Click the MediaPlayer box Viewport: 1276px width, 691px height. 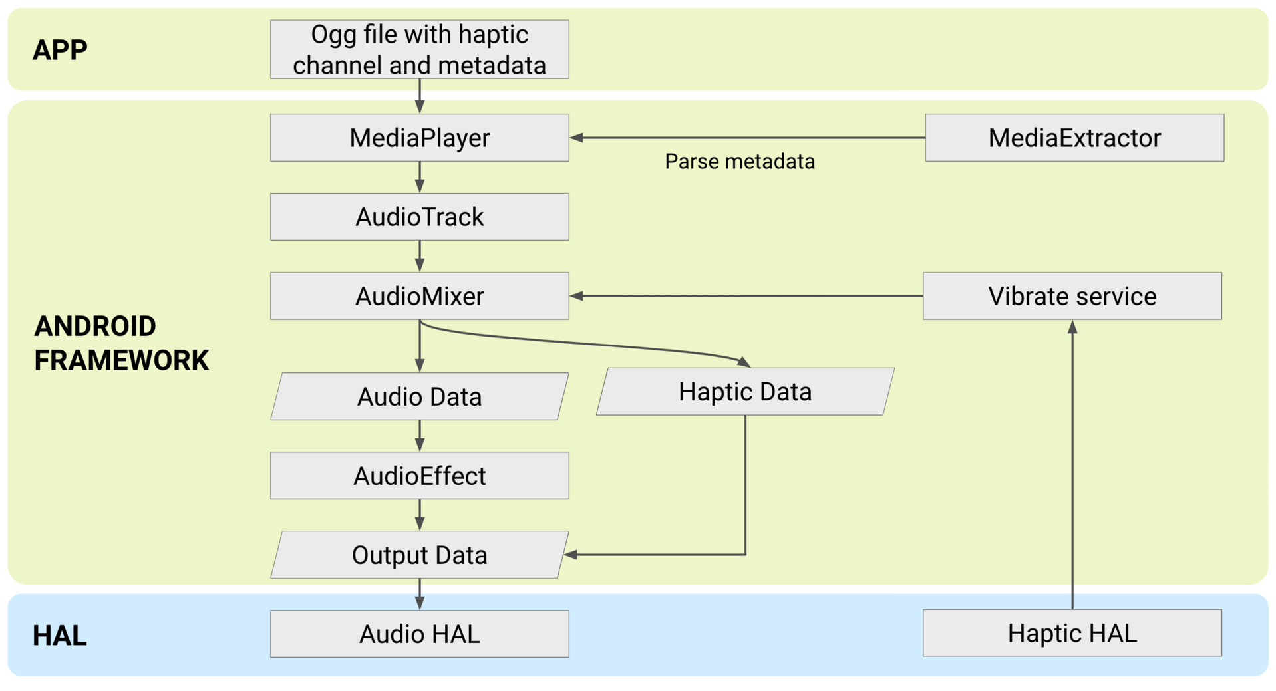pos(419,138)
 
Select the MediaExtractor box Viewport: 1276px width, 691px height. pos(1074,138)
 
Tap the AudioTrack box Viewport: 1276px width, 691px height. pos(419,217)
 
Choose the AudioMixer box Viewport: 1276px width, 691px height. pos(419,296)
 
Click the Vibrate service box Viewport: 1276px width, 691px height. pos(1072,296)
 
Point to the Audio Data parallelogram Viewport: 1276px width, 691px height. pos(419,396)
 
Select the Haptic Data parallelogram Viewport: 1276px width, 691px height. pos(744,392)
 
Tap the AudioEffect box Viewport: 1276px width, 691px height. pos(419,476)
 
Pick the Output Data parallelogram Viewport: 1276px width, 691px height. pos(419,555)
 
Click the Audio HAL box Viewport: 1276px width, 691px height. pos(419,634)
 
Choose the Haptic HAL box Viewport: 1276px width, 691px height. pos(1072,633)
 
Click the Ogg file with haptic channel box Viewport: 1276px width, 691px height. pos(419,49)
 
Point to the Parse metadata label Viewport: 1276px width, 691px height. pos(739,162)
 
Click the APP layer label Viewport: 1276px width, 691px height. pos(60,50)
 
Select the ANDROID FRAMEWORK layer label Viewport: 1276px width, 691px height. pos(121,343)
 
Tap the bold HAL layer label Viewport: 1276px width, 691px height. pos(59,636)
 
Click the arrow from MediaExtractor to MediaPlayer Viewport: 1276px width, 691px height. pos(745,138)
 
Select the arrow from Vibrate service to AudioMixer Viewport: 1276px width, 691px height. pos(745,296)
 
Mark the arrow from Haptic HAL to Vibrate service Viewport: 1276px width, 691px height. pos(1072,466)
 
